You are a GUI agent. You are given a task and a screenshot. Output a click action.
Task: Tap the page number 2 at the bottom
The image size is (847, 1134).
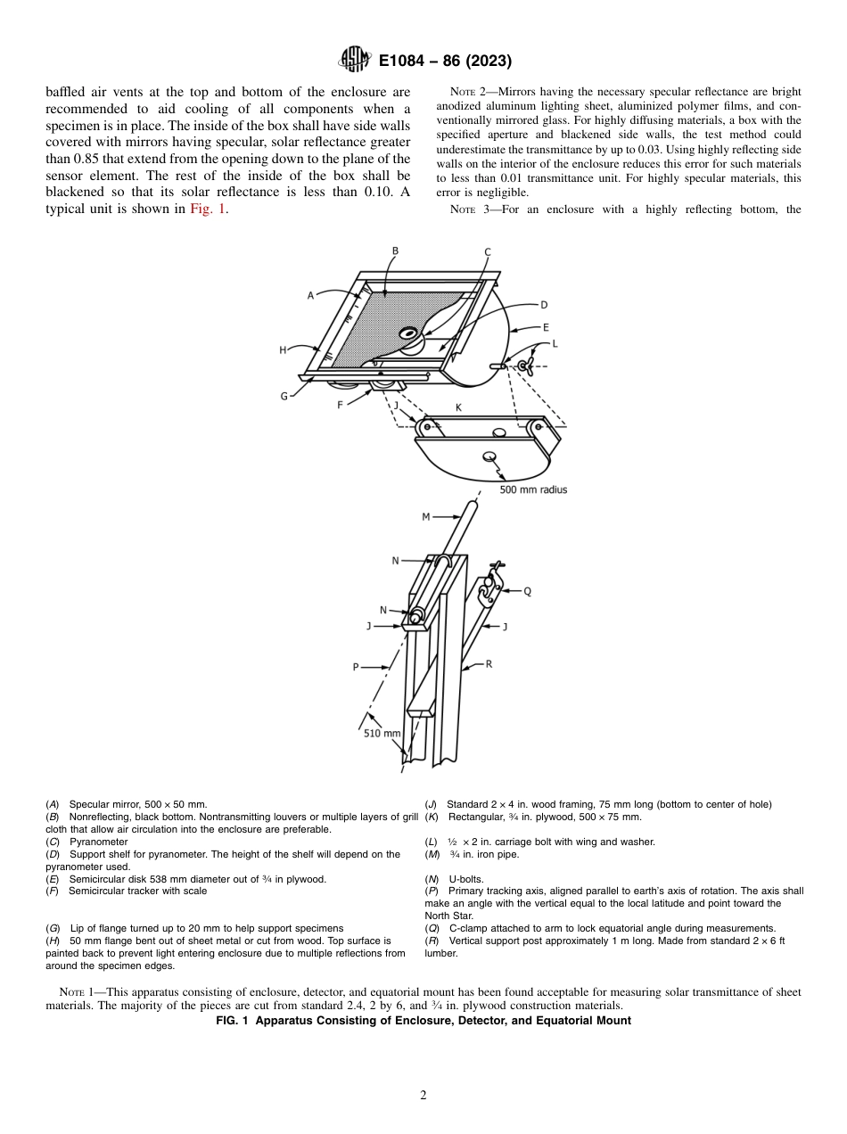[423, 1096]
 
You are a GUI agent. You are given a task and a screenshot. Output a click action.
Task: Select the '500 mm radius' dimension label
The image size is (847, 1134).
[533, 489]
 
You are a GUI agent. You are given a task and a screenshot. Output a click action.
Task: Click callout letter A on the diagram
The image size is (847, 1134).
[310, 295]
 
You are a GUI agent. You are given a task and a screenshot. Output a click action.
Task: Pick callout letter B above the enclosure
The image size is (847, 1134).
[395, 251]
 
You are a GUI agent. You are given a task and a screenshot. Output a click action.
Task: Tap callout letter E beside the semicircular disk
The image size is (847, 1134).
[546, 327]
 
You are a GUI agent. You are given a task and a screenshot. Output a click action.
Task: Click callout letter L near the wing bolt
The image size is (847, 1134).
[555, 342]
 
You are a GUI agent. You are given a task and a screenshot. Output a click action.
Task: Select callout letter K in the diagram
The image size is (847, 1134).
[458, 407]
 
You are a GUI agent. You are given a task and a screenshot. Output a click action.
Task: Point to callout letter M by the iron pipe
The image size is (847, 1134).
[425, 516]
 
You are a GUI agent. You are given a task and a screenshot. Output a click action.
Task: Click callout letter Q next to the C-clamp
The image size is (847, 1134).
[527, 590]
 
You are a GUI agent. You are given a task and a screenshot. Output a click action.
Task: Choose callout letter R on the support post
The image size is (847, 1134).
[489, 664]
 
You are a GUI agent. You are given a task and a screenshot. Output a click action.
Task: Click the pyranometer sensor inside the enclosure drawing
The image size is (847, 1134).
[409, 334]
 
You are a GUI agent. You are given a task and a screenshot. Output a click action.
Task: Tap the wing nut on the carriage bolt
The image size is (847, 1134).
[524, 366]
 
